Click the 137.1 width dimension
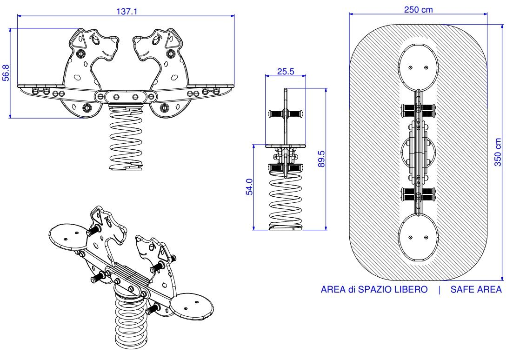click(127, 12)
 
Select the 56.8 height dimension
click(6, 73)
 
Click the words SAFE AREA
click(476, 290)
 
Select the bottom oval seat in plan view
click(419, 238)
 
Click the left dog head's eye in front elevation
click(95, 40)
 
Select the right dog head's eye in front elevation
click(157, 40)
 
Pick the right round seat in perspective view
click(192, 307)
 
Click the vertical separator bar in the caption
click(439, 290)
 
